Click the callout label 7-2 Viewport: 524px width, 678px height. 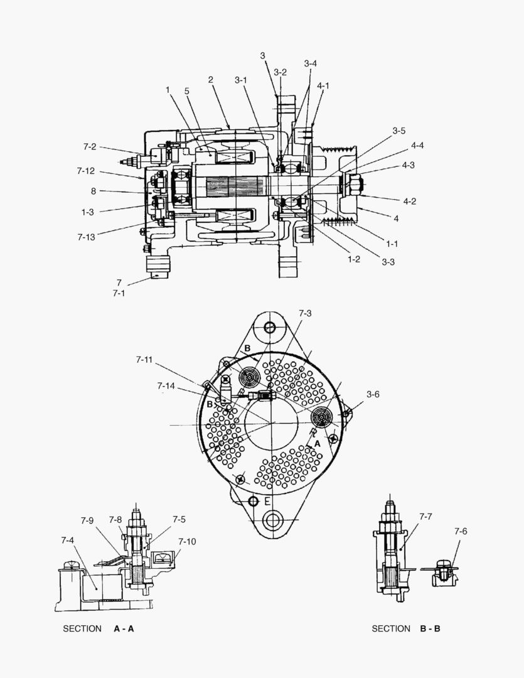89,146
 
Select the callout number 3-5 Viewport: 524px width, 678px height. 399,131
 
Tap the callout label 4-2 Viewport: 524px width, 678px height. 410,201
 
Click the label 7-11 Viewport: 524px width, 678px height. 144,359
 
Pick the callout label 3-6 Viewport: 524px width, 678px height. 373,394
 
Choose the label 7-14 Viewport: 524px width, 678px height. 166,385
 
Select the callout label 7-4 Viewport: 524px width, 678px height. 67,540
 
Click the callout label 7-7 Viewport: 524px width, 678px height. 426,516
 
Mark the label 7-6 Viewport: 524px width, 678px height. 461,531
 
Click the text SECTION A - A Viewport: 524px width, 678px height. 99,628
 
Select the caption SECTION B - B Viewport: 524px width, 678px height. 406,628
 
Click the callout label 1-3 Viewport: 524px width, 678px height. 88,212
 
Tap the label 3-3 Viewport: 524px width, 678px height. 388,262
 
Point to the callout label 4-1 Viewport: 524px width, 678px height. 323,85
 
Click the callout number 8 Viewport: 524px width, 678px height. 93,191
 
